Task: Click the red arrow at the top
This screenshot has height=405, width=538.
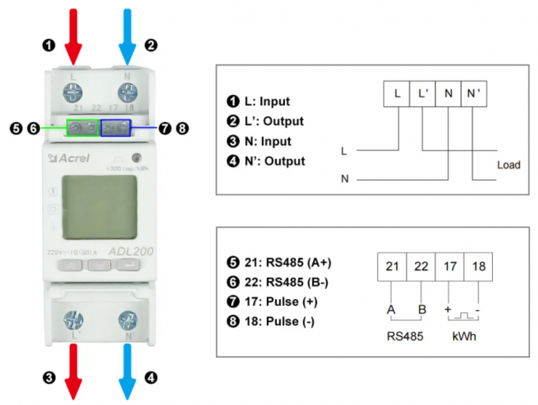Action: tap(74, 32)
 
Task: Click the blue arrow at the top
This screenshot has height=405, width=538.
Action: tap(127, 32)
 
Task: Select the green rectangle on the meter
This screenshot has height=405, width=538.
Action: tap(83, 127)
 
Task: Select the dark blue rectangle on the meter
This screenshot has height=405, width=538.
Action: tap(116, 127)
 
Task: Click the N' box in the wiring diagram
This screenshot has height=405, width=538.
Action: tap(473, 93)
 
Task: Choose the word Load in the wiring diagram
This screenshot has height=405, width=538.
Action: tap(508, 165)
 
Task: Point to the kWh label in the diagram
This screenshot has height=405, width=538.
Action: tap(463, 336)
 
